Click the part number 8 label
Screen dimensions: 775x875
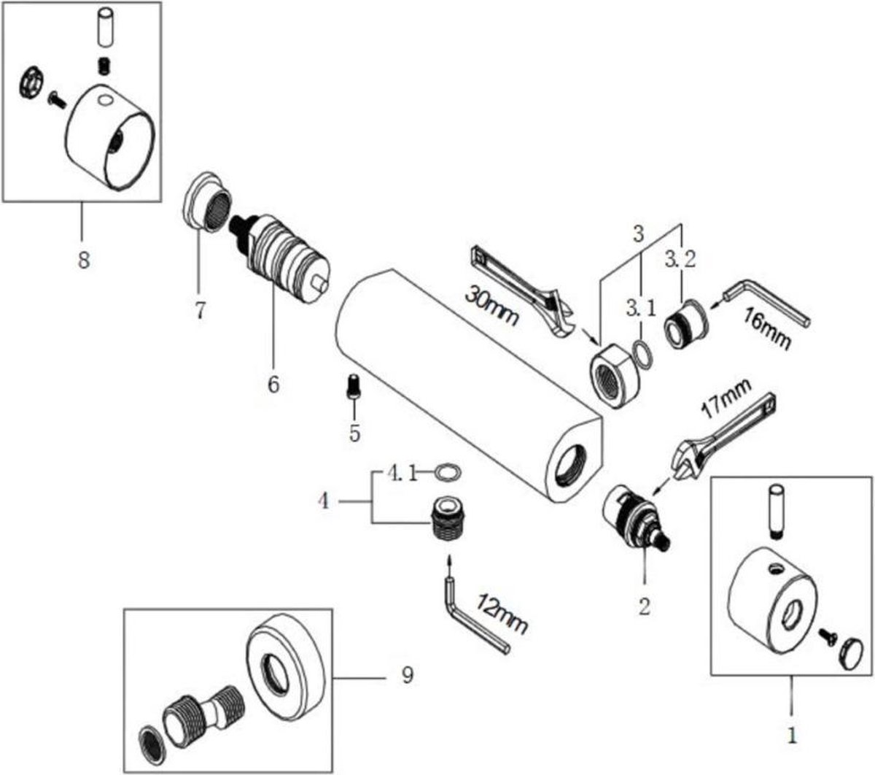coord(84,259)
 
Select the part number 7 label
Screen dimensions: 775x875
coord(200,309)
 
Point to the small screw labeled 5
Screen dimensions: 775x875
coord(354,385)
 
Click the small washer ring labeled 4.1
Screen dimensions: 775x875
coord(447,473)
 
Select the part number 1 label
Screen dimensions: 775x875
coord(793,730)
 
